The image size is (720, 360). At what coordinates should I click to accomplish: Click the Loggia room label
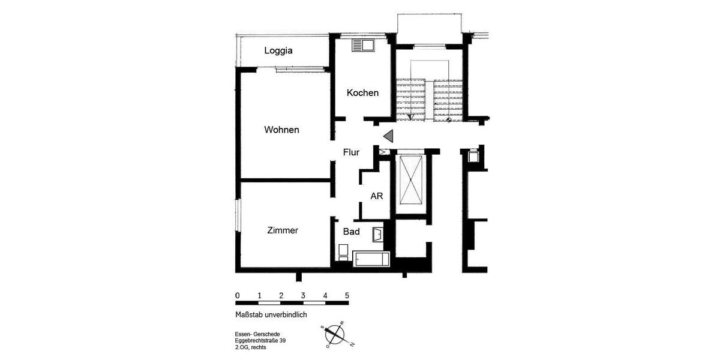278,50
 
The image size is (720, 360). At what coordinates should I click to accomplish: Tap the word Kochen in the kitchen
362,92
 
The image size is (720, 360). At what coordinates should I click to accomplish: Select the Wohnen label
281,130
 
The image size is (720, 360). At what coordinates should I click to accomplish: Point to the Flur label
351,152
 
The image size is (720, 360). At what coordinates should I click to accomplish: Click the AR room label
377,196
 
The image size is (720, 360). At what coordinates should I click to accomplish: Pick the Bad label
351,231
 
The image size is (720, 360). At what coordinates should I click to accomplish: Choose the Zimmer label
283,230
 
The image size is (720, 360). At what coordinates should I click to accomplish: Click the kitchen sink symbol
364,45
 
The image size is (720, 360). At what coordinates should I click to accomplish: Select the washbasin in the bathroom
378,234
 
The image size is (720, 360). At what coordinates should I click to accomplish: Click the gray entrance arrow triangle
388,136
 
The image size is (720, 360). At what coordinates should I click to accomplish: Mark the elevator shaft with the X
411,180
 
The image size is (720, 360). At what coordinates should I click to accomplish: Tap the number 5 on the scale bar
347,295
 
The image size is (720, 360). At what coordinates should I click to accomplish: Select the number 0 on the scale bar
238,295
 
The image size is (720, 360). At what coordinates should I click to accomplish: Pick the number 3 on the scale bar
303,295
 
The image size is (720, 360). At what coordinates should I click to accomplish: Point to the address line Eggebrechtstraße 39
260,341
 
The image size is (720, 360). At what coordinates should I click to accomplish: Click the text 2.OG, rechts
250,347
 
